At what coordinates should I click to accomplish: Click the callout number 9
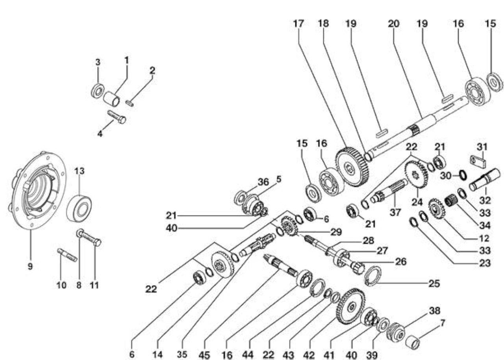tap(30, 267)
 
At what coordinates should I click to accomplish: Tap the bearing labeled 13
tap(79, 208)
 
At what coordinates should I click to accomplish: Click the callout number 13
tap(80, 171)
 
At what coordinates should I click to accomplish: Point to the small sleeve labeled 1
tap(111, 99)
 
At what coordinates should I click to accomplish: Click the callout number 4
tap(100, 134)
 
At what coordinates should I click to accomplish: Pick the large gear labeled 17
tap(352, 167)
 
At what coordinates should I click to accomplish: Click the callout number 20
tap(393, 23)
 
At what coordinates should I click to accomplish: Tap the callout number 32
tap(485, 200)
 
